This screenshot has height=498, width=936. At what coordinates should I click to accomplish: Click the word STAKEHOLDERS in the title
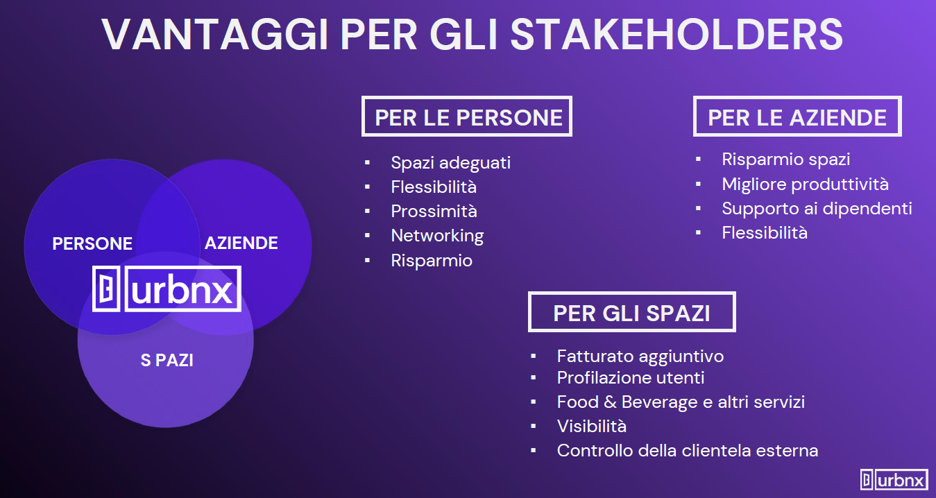point(677,35)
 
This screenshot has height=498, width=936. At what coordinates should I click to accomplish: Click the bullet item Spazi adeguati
point(451,163)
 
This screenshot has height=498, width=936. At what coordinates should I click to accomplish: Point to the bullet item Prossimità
point(434,212)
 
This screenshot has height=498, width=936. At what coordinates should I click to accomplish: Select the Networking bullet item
point(438,236)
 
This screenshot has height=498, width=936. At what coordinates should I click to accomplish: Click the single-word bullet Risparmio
point(432,261)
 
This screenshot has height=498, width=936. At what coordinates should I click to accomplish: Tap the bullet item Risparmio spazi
point(786,160)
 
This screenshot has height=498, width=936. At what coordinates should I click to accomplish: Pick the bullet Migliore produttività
point(806,184)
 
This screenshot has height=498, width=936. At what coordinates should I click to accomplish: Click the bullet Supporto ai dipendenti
point(817,209)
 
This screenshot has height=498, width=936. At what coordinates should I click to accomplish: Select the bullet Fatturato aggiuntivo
point(640,357)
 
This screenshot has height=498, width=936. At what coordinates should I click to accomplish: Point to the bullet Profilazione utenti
point(631,378)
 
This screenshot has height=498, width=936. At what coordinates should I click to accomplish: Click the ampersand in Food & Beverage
point(610,402)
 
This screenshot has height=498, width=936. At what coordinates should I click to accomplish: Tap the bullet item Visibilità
point(592,427)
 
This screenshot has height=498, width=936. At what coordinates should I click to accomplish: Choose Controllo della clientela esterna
point(688,451)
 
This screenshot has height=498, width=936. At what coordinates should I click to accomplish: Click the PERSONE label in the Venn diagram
point(92,243)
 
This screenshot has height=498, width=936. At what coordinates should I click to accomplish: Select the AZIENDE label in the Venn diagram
point(241,243)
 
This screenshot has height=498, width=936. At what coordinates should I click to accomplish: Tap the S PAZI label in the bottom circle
point(167,360)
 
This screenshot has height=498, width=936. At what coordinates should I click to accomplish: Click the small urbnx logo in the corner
point(894,479)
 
